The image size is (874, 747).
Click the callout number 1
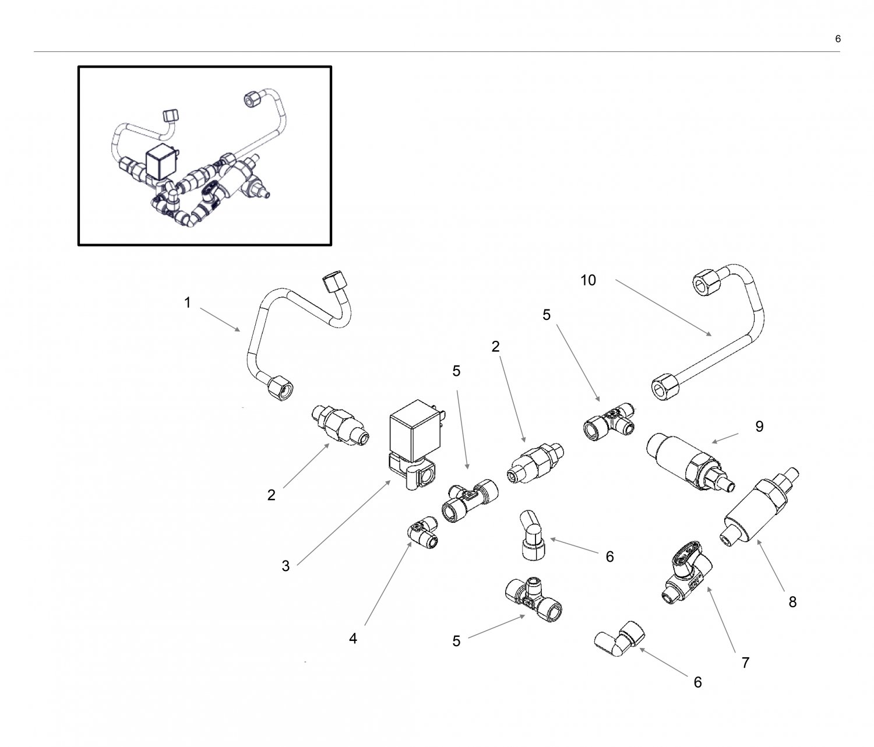click(x=188, y=303)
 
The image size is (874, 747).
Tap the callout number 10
click(x=588, y=280)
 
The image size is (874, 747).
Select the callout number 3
click(x=286, y=566)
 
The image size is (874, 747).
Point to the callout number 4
click(x=353, y=639)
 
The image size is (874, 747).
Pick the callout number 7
click(x=745, y=663)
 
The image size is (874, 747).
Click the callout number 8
click(x=792, y=602)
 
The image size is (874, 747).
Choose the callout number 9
click(x=759, y=427)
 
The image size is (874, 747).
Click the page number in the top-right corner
click(x=838, y=39)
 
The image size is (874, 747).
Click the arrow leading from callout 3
click(x=344, y=522)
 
